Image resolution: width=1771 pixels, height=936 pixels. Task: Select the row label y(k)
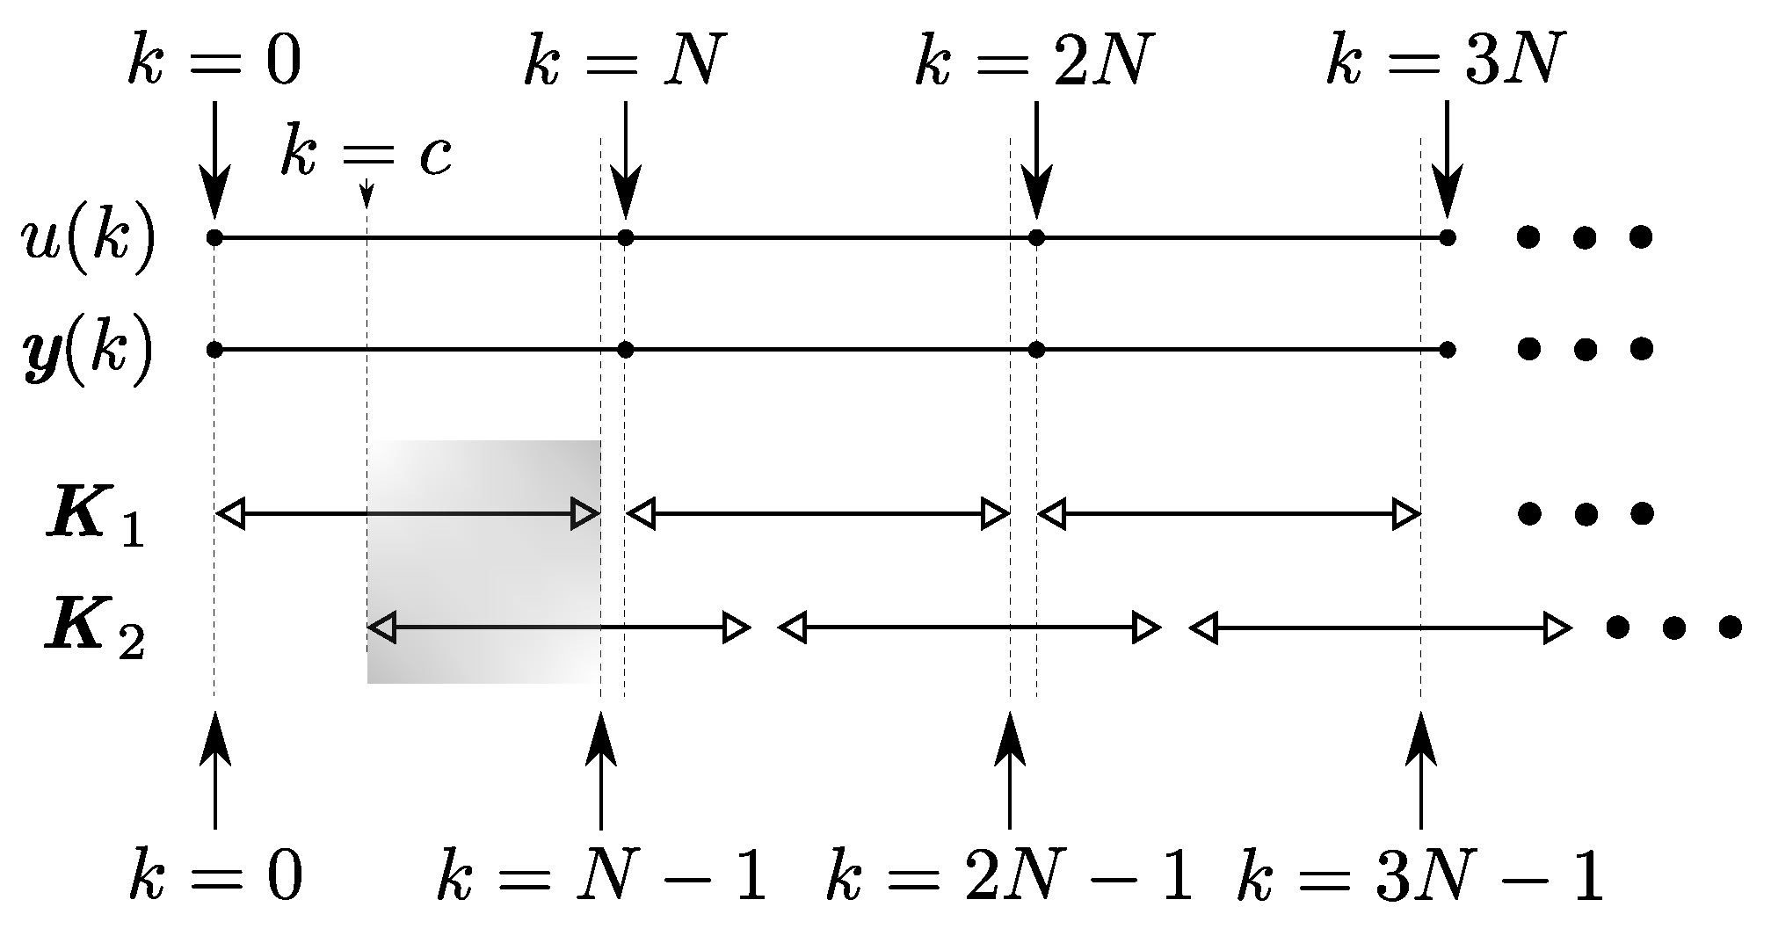coord(88,352)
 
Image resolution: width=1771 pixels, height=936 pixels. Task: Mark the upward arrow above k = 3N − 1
coord(1421,769)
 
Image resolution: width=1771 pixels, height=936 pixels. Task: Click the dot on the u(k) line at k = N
coord(625,237)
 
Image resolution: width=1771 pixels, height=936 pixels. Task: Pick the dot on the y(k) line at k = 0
coord(214,350)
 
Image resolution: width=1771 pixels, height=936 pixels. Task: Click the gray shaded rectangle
coord(483,562)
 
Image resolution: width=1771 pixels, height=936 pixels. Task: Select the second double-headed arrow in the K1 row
coord(818,514)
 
